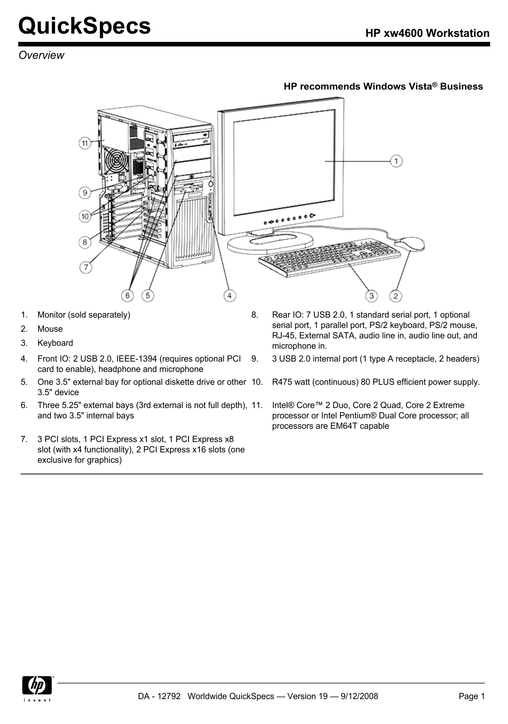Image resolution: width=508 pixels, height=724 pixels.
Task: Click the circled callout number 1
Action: point(396,161)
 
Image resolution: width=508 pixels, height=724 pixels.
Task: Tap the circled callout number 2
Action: point(396,296)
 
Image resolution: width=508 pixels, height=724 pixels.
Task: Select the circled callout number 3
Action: point(372,296)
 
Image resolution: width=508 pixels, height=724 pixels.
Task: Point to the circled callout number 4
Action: point(229,296)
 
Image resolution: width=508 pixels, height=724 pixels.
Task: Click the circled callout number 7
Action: point(86,267)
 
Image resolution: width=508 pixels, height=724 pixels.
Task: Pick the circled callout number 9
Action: point(85,192)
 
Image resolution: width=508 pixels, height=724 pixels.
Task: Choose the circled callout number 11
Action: point(85,143)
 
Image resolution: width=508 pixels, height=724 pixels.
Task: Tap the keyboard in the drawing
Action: point(330,258)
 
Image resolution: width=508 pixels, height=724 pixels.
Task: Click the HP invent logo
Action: point(38,689)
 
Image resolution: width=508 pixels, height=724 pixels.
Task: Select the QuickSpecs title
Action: point(85,26)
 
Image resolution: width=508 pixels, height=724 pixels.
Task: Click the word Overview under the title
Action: point(41,55)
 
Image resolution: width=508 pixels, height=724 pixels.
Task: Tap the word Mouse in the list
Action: point(50,329)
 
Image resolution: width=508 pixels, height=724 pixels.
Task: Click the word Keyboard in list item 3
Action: point(55,343)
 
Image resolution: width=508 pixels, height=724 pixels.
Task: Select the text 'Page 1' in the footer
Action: point(472,696)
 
